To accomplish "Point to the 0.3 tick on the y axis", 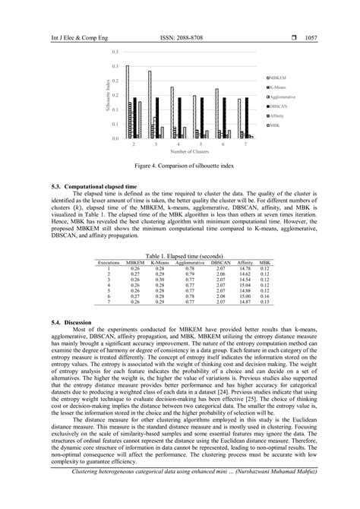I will [x=115, y=52].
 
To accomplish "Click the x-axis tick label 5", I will [x=201, y=143].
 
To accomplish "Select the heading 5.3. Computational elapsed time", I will [x=94, y=186].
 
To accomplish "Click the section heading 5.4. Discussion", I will [x=71, y=323].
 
